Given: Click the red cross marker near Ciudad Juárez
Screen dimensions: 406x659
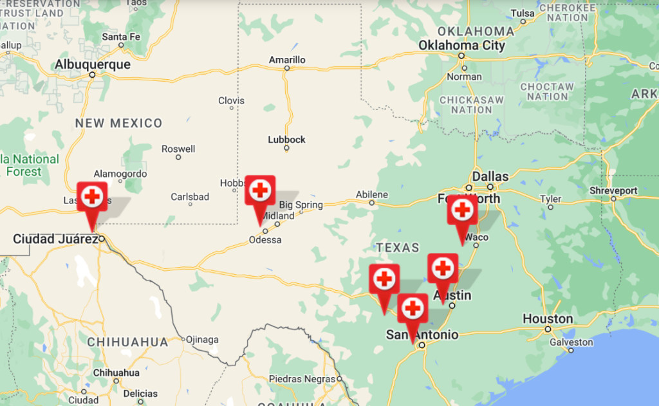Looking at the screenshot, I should [x=92, y=196].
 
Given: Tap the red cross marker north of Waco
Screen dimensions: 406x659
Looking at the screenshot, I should [x=462, y=209].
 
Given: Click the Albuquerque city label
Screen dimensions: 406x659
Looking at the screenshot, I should [x=93, y=64].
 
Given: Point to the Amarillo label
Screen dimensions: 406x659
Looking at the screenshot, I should [x=287, y=60].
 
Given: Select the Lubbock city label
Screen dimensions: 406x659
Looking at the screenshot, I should [x=287, y=140].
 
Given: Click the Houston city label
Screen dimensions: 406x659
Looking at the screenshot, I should [x=548, y=318].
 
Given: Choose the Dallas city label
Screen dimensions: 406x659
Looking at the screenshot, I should [x=490, y=176].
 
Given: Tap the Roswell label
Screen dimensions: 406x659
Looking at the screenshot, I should [x=178, y=149].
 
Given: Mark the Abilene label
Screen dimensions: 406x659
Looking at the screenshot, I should [x=372, y=194].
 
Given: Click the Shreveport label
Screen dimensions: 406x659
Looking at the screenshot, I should [x=613, y=190].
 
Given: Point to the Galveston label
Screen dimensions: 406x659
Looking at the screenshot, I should [x=571, y=342].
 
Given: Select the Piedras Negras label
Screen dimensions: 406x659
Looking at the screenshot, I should [x=302, y=378].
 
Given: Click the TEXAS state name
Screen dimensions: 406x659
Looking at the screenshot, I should [x=398, y=248].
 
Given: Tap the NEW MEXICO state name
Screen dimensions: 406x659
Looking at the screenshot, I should [x=119, y=123].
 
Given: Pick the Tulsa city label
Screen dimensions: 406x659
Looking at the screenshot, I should [x=523, y=14].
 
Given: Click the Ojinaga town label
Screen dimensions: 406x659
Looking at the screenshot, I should [x=202, y=339].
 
